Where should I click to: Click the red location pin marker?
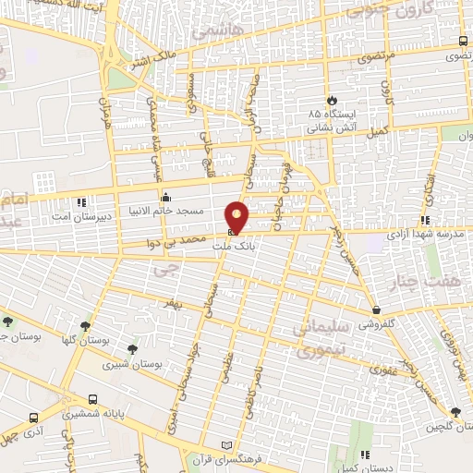click(x=237, y=216)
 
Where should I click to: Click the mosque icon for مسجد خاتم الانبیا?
click(x=165, y=197)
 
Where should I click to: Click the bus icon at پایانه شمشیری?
click(x=92, y=399)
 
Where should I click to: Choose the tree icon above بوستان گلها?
click(x=87, y=325)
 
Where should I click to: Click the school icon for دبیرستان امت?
click(x=81, y=201)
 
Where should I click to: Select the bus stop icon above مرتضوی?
click(x=462, y=41)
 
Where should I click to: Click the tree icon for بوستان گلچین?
click(x=455, y=412)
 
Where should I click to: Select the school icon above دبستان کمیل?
click(x=365, y=454)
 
